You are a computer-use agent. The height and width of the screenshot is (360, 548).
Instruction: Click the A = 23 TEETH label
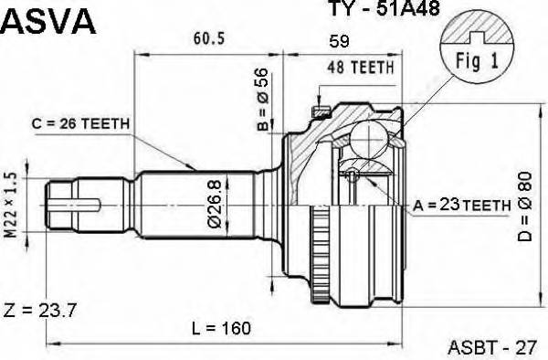[x=461, y=206]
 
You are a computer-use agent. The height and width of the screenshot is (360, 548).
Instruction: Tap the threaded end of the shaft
[x=78, y=206]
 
